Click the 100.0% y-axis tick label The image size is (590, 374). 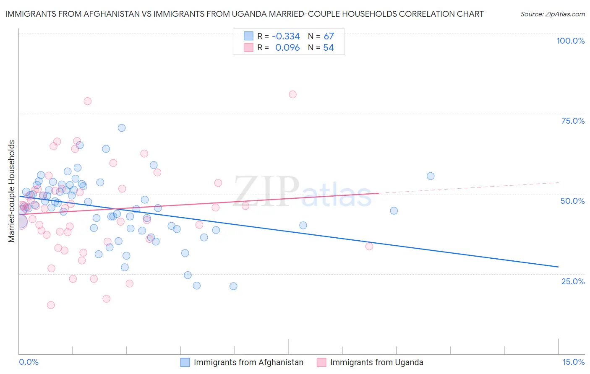[x=570, y=41]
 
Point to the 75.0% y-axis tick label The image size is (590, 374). [x=573, y=121]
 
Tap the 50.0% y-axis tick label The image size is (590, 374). [x=572, y=201]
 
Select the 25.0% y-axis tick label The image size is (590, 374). [x=573, y=281]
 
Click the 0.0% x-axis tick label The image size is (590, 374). [x=29, y=362]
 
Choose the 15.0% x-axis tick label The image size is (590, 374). [x=573, y=362]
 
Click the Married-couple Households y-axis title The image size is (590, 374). [x=12, y=191]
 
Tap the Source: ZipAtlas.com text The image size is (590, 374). [x=552, y=14]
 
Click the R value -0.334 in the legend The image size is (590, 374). [x=286, y=36]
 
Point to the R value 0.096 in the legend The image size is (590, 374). [x=287, y=48]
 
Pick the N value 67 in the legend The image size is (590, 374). [x=329, y=36]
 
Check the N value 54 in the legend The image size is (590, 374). [x=329, y=48]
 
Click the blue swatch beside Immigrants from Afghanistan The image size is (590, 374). [x=185, y=362]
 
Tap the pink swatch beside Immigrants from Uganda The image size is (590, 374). [x=322, y=362]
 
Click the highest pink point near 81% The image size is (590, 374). [x=292, y=94]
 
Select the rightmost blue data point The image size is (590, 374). [x=431, y=176]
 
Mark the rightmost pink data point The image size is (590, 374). [x=369, y=246]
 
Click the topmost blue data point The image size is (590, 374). [x=122, y=128]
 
